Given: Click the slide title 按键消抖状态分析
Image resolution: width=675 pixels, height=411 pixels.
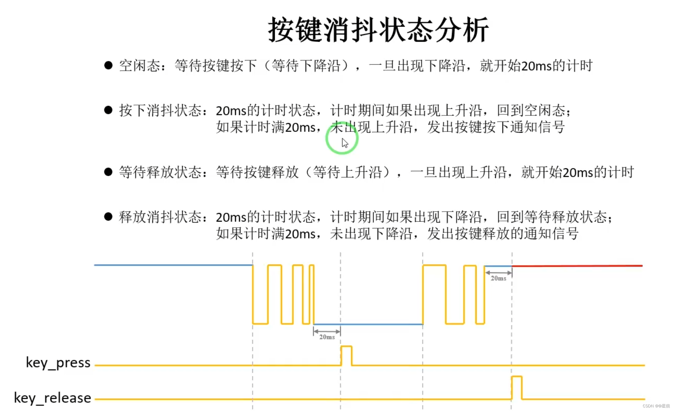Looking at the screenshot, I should coord(378,30).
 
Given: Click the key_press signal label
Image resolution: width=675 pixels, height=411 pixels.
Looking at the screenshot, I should coord(58,362).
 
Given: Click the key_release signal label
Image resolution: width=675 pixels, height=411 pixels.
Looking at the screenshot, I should coord(52,398).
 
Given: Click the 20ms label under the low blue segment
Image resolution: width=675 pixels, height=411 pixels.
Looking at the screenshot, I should coord(327,337).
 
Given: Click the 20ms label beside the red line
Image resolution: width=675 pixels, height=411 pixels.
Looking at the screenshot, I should coord(498,278).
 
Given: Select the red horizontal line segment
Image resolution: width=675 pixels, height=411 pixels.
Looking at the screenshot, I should coord(577,266).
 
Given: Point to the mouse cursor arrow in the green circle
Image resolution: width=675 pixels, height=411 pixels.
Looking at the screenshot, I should coord(345,143).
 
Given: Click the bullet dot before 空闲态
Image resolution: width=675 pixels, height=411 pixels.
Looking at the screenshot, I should coord(108,65).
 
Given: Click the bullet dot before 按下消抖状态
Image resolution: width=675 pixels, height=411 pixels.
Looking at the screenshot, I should coord(108,110).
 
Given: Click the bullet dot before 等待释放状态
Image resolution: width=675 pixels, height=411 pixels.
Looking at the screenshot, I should coord(108,172).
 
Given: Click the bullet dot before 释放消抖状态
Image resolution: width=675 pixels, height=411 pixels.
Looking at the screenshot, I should coord(108,216).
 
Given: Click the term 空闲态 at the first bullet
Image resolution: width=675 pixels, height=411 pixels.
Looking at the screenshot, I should coord(139,66).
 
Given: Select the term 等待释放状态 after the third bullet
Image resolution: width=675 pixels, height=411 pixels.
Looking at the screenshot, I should coord(160,172).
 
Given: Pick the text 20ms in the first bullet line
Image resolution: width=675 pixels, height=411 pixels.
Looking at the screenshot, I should coord(536,66).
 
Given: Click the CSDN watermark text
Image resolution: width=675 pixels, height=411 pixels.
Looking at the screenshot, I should coord(656,406).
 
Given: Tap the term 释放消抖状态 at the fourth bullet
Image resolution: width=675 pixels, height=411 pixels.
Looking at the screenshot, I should coord(160,217).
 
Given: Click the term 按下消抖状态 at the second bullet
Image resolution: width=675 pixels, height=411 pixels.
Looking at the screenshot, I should coord(160,110).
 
